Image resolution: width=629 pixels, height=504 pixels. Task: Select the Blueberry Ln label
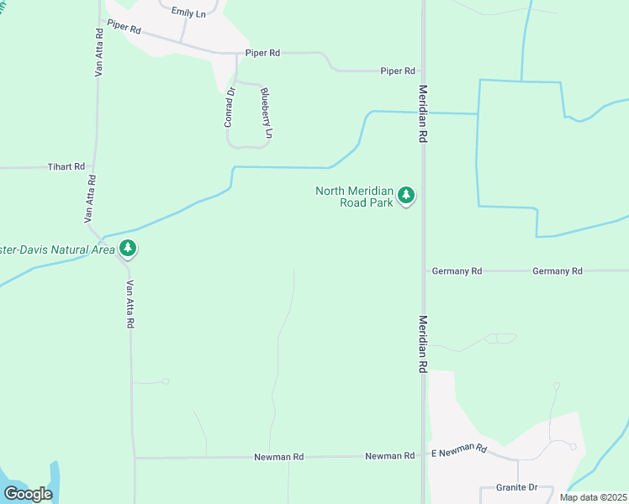(x=267, y=113)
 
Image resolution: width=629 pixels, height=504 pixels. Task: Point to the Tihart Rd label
(x=66, y=167)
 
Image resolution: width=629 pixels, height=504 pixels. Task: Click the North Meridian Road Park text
(x=354, y=197)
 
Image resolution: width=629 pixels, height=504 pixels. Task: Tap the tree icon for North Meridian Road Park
(x=407, y=196)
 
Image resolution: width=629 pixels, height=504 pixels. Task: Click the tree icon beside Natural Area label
(x=128, y=249)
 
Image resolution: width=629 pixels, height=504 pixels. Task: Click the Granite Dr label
(x=516, y=487)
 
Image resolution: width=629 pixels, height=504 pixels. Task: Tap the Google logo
(x=28, y=494)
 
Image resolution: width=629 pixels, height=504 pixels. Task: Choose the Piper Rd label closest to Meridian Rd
(x=398, y=71)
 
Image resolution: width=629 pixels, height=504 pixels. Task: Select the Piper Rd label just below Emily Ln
(x=124, y=28)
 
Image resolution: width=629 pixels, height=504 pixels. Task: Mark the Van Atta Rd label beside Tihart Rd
(x=89, y=198)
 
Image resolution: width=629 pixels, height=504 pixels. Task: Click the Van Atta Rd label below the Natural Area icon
(x=130, y=304)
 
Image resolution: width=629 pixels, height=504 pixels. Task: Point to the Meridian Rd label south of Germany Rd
(x=423, y=344)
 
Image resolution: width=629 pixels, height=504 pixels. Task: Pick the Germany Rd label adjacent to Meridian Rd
(x=457, y=271)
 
